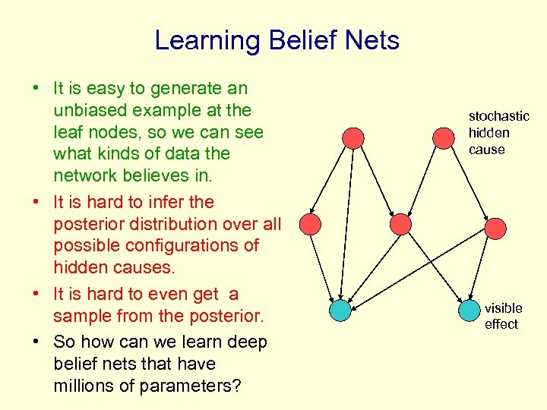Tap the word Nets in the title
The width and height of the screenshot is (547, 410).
click(x=370, y=40)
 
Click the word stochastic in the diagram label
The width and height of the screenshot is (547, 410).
click(x=498, y=116)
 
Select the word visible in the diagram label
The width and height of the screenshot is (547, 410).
click(x=503, y=308)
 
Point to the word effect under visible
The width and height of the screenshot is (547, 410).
click(x=501, y=324)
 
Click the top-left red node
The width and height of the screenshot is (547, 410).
click(x=353, y=137)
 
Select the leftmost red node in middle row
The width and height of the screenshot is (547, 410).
click(x=310, y=223)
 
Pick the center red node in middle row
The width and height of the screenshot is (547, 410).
click(x=400, y=223)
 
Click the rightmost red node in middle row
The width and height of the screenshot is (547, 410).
click(x=495, y=228)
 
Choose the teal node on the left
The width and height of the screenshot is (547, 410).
click(x=340, y=310)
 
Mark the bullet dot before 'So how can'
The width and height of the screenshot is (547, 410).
click(x=36, y=342)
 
